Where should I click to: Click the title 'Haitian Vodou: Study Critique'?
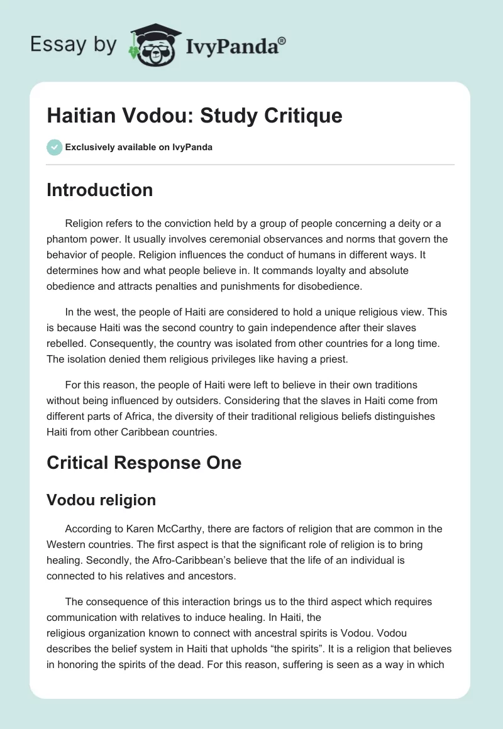pyautogui.click(x=194, y=116)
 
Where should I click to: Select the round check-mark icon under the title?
pyautogui.click(x=54, y=147)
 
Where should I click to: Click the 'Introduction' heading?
pyautogui.click(x=99, y=190)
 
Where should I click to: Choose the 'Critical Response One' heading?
pyautogui.click(x=144, y=463)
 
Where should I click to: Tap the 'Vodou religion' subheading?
pyautogui.click(x=101, y=500)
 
